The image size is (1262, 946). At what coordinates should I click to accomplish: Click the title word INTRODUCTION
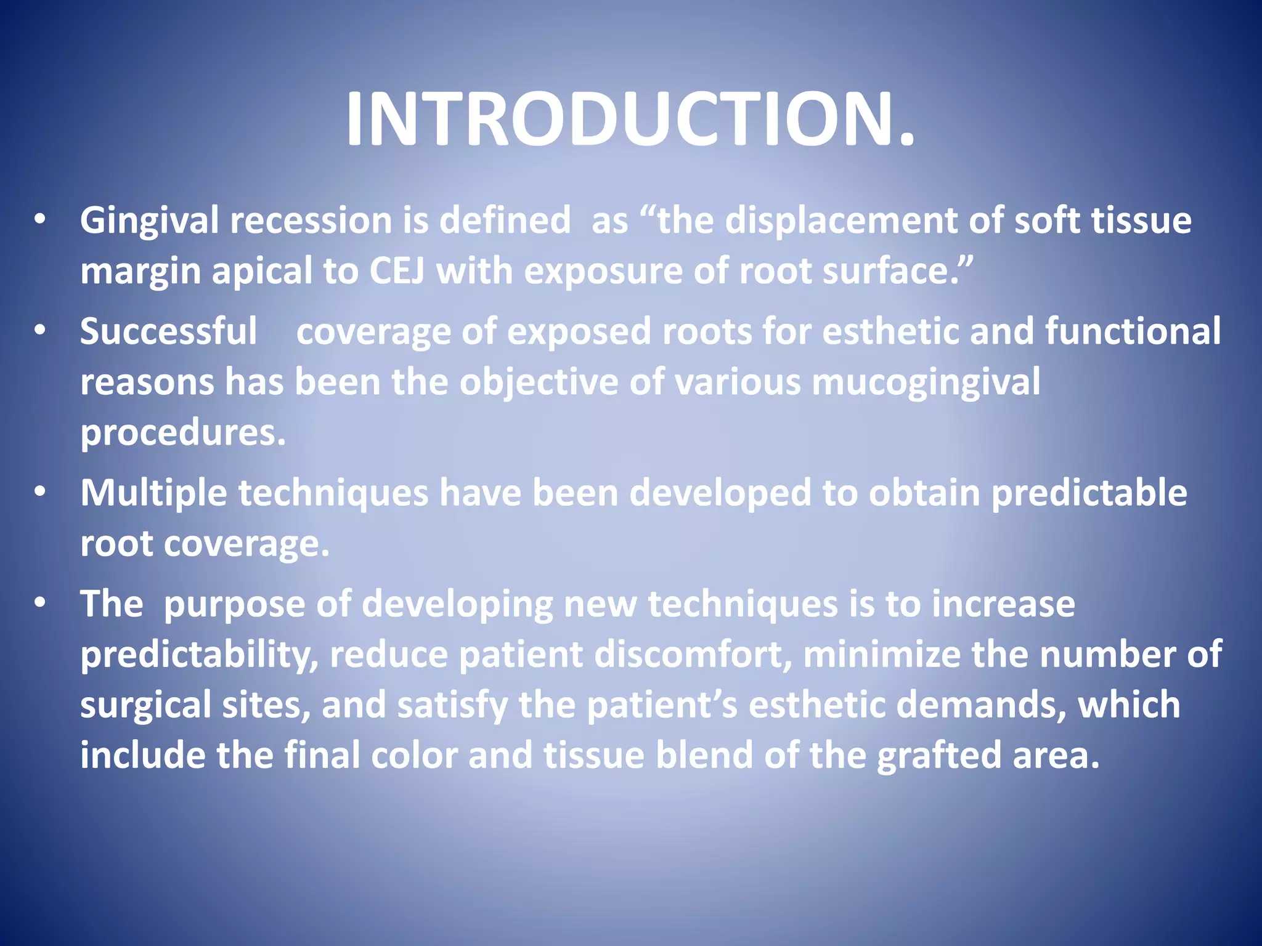click(630, 119)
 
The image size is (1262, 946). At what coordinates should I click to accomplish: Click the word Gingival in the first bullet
click(149, 220)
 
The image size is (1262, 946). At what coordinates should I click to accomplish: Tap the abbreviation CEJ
click(396, 271)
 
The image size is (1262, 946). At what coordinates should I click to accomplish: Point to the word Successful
click(168, 331)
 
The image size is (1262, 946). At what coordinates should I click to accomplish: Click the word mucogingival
click(926, 382)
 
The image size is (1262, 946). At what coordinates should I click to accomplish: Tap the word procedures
click(183, 432)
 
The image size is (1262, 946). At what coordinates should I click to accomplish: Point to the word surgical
click(145, 705)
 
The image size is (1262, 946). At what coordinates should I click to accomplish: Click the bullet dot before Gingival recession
click(40, 220)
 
